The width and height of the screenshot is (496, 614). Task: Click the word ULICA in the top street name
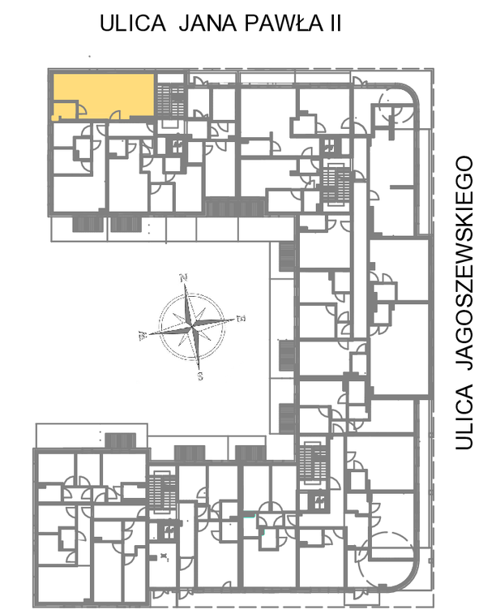tap(133, 23)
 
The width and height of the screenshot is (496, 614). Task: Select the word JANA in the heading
tap(207, 23)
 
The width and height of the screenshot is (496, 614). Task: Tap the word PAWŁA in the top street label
tap(284, 23)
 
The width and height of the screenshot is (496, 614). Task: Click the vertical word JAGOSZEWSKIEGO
tap(464, 263)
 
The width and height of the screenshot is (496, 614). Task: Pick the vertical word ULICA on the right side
tap(464, 417)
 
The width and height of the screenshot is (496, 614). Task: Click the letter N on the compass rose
tap(183, 278)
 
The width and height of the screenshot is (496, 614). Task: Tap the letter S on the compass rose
tap(200, 376)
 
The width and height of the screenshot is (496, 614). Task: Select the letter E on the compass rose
tap(242, 318)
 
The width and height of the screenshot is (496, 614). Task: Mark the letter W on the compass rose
tap(143, 336)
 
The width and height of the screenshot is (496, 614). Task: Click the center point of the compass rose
tap(192, 326)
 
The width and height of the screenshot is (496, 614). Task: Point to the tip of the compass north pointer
tap(185, 284)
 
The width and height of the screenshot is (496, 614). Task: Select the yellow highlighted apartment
tap(103, 96)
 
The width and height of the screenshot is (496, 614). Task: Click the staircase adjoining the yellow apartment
tap(170, 101)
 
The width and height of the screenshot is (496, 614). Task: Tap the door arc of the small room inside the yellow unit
tap(82, 109)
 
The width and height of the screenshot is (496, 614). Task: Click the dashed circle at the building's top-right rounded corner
tap(396, 105)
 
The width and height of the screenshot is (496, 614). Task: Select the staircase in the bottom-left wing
tap(163, 492)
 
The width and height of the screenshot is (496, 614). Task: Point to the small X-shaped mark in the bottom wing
tap(163, 556)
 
